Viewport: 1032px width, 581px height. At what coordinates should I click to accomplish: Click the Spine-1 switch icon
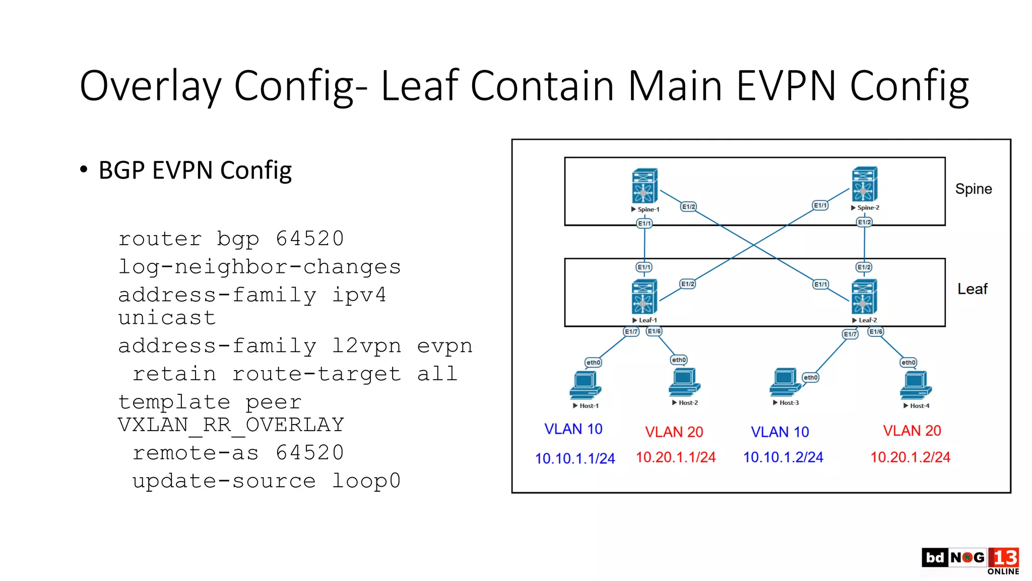click(644, 186)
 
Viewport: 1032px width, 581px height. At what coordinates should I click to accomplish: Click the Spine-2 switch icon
click(864, 184)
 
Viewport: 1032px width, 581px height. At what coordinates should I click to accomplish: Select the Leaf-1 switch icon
click(644, 297)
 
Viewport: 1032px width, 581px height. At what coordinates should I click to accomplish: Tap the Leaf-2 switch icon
click(864, 297)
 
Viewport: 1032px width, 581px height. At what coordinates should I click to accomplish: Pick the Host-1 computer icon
click(585, 385)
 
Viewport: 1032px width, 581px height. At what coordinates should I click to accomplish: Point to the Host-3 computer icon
click(785, 382)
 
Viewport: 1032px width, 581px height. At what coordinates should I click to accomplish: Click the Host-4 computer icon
click(915, 385)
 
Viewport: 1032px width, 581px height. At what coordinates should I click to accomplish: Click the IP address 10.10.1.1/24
click(575, 458)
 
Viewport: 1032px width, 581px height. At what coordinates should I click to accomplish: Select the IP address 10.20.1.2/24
click(910, 457)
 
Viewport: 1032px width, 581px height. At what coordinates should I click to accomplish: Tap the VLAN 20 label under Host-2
click(674, 432)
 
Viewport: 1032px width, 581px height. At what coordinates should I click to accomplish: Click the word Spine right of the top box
click(973, 189)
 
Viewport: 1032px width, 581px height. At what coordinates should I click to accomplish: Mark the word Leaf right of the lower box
click(972, 289)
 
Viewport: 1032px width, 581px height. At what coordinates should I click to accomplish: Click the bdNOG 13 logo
click(970, 560)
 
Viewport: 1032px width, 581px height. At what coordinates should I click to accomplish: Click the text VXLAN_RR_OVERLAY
click(231, 425)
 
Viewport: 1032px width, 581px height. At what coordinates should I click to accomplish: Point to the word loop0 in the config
click(366, 481)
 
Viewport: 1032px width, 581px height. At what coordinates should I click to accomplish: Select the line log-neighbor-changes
click(259, 267)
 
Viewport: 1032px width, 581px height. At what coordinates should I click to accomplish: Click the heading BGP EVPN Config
click(195, 170)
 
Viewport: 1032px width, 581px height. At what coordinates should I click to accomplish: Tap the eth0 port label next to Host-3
click(810, 377)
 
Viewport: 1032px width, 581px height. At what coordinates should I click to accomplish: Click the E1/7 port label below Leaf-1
click(631, 331)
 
